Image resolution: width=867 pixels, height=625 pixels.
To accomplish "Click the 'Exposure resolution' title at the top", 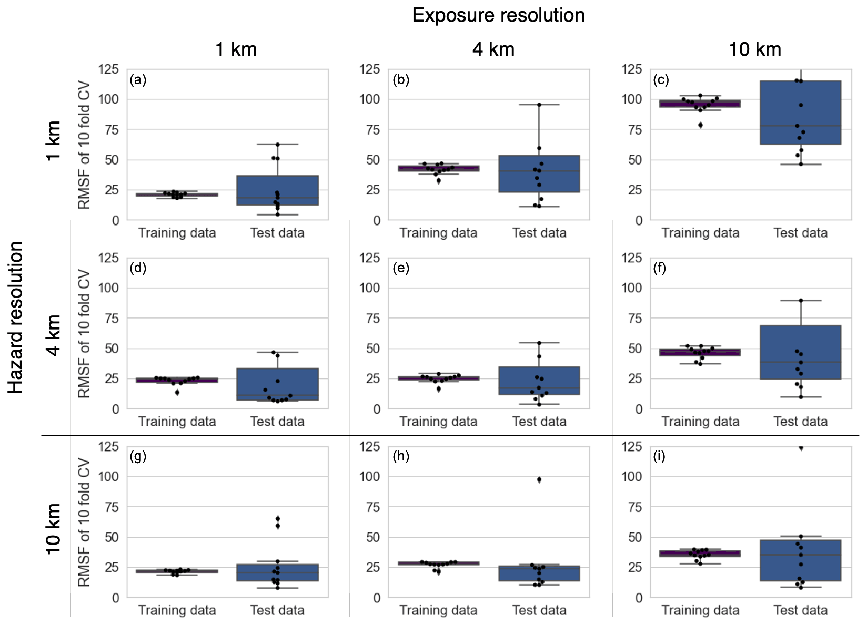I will (x=498, y=15).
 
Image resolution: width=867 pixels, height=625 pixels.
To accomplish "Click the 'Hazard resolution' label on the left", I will (x=16, y=317).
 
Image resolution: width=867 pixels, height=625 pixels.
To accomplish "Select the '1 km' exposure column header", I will (x=236, y=49).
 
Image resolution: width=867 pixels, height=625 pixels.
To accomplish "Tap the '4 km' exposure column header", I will (x=493, y=49).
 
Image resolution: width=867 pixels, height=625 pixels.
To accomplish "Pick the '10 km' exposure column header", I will (x=754, y=49).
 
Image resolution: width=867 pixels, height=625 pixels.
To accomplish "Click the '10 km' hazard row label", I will (x=54, y=528).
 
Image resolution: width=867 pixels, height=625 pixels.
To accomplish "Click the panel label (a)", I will (x=138, y=80).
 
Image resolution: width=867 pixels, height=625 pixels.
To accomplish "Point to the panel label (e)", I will (x=401, y=268).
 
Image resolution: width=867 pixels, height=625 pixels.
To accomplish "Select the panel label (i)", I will (x=659, y=456).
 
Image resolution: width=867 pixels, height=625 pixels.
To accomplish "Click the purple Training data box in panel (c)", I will (x=700, y=104).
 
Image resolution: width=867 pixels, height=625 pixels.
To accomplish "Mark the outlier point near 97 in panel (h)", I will (x=539, y=479).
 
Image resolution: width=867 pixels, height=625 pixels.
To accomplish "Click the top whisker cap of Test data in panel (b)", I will (x=539, y=105).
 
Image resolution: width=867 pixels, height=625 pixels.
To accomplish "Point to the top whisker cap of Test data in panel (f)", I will (x=801, y=300).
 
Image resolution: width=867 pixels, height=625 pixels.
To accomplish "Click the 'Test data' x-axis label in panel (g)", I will (x=277, y=610).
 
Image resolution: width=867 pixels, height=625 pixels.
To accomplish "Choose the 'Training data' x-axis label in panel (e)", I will (x=438, y=422).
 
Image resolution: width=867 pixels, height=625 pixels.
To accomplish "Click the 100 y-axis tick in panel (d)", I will (x=108, y=288).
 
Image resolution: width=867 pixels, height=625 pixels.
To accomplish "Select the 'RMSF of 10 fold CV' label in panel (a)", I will (x=84, y=145).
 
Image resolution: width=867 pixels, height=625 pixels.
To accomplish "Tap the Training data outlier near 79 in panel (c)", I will (x=700, y=125).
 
